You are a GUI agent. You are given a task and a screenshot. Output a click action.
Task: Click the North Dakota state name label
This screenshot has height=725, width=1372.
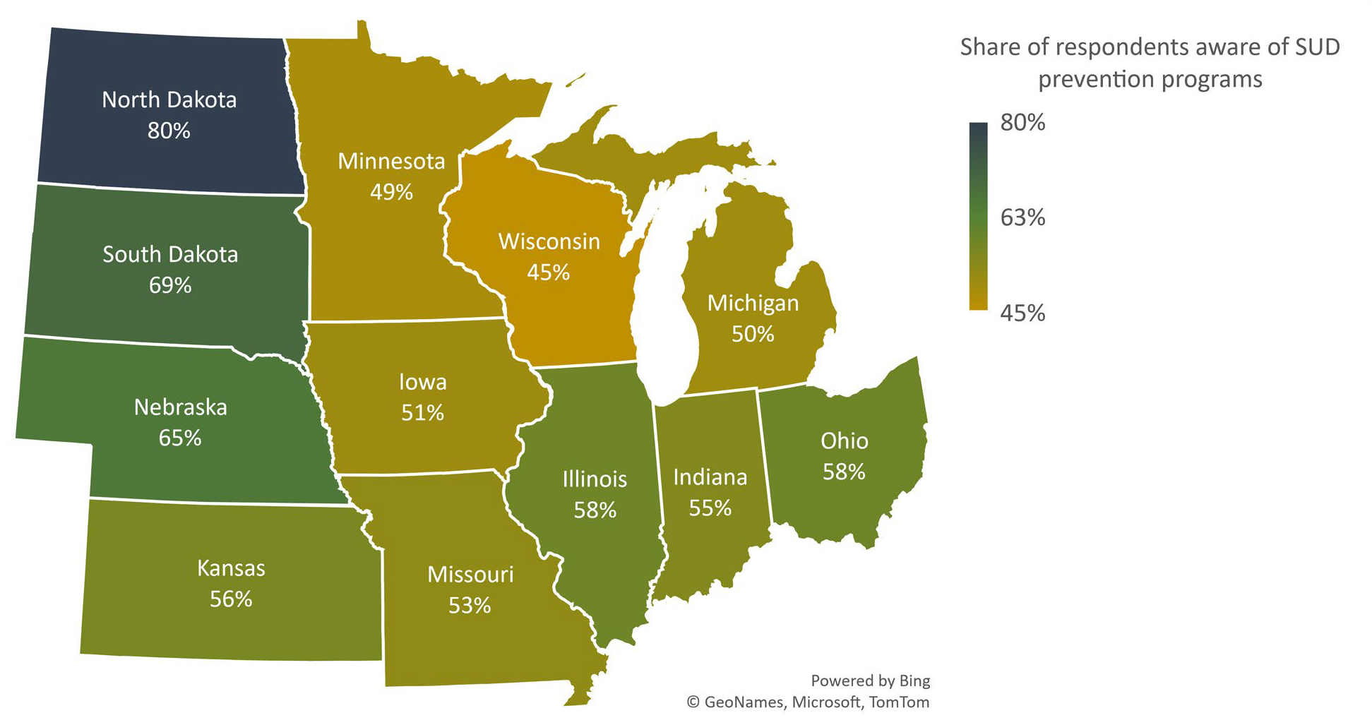click(x=169, y=100)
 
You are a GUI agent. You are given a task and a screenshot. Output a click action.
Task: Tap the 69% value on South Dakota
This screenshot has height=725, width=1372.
click(x=170, y=285)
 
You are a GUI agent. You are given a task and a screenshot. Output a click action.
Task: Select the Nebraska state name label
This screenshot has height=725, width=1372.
click(x=181, y=407)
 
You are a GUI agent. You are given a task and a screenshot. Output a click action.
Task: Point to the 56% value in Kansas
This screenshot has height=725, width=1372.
click(x=231, y=599)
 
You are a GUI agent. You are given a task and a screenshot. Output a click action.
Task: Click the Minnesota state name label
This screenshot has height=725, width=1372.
click(x=391, y=161)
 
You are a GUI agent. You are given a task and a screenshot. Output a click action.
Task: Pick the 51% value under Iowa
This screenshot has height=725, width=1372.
click(x=422, y=413)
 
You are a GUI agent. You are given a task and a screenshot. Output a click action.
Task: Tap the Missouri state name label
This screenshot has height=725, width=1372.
click(x=470, y=575)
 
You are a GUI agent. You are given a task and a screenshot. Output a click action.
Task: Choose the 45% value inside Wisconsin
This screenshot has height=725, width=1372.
click(x=549, y=272)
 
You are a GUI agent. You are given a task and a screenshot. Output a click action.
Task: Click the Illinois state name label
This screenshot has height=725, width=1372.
click(x=595, y=479)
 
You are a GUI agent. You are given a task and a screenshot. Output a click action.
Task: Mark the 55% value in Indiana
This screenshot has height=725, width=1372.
click(x=710, y=508)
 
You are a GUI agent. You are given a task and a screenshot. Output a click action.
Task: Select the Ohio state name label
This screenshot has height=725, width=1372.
click(x=845, y=441)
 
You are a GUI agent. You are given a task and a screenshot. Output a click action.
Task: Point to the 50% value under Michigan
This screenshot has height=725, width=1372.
click(x=753, y=334)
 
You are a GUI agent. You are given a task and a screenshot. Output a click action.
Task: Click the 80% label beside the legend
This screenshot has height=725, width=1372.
click(x=1022, y=123)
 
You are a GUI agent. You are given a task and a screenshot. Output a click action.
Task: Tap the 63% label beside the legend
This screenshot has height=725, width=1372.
click(x=1022, y=217)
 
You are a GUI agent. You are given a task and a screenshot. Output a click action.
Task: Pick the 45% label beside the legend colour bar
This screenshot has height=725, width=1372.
click(x=1022, y=313)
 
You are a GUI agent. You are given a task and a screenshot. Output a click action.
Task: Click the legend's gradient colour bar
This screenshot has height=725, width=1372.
click(x=978, y=216)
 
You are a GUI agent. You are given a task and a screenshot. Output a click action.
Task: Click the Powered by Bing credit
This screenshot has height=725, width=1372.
click(x=870, y=681)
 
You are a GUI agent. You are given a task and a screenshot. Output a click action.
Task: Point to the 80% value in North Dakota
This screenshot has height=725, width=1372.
click(x=169, y=131)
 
